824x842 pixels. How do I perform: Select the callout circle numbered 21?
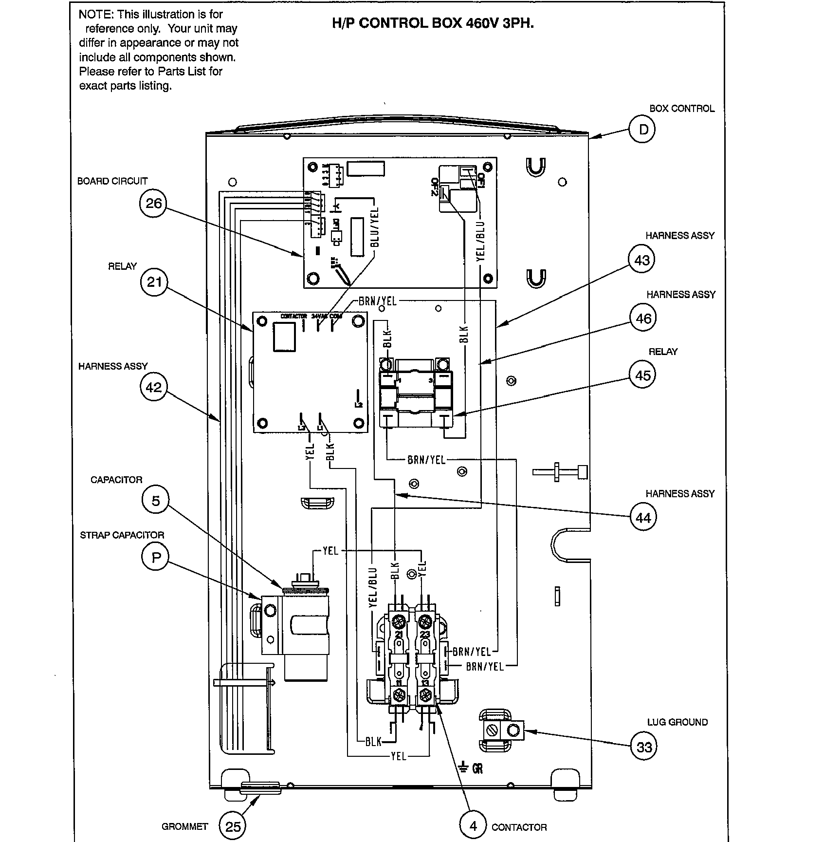pyautogui.click(x=154, y=281)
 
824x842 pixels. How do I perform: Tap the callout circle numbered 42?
pyautogui.click(x=153, y=387)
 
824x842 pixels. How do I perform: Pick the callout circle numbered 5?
pyautogui.click(x=155, y=501)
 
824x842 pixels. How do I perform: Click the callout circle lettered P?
pyautogui.click(x=155, y=557)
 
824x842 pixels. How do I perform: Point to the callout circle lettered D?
pyautogui.click(x=643, y=130)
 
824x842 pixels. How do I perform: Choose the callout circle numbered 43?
pyautogui.click(x=642, y=260)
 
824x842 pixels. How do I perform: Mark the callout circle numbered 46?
pyautogui.click(x=643, y=318)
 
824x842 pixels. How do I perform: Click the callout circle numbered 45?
pyautogui.click(x=642, y=375)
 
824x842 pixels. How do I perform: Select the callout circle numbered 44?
pyautogui.click(x=643, y=518)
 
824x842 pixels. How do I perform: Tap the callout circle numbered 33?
pyautogui.click(x=644, y=747)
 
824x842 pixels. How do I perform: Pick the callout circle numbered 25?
pyautogui.click(x=233, y=826)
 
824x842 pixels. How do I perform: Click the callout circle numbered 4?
pyautogui.click(x=473, y=825)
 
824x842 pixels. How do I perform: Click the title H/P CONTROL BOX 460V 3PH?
pyautogui.click(x=433, y=23)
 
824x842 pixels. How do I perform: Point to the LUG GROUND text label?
pyautogui.click(x=677, y=722)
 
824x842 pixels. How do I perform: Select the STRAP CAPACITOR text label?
pyautogui.click(x=122, y=535)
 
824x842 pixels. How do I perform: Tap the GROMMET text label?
pyautogui.click(x=184, y=827)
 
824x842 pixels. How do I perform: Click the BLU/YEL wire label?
pyautogui.click(x=374, y=226)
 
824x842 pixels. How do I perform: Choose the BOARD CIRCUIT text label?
pyautogui.click(x=112, y=181)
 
